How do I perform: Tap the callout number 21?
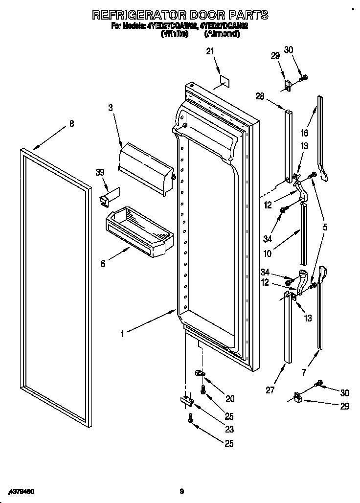(x=210, y=50)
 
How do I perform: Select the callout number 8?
(x=72, y=124)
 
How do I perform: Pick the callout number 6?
(x=103, y=263)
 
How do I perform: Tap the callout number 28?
(x=259, y=96)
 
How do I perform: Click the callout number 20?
(x=230, y=399)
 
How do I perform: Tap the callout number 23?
(x=229, y=430)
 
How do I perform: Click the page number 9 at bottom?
(x=181, y=491)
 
